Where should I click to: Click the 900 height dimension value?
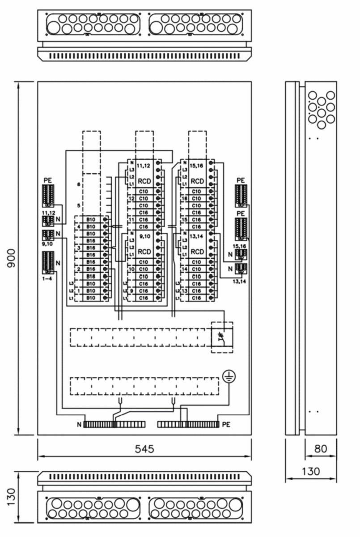tap(12, 258)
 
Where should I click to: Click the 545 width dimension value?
tap(144, 449)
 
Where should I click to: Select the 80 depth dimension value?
tap(321, 449)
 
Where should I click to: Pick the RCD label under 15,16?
tap(197, 181)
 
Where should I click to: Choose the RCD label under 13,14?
tap(197, 251)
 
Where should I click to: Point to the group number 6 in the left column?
tap(78, 184)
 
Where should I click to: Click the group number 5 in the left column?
tap(78, 205)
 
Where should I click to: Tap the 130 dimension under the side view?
tap(311, 471)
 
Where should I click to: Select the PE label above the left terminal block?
tap(48, 180)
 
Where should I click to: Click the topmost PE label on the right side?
tap(241, 180)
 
